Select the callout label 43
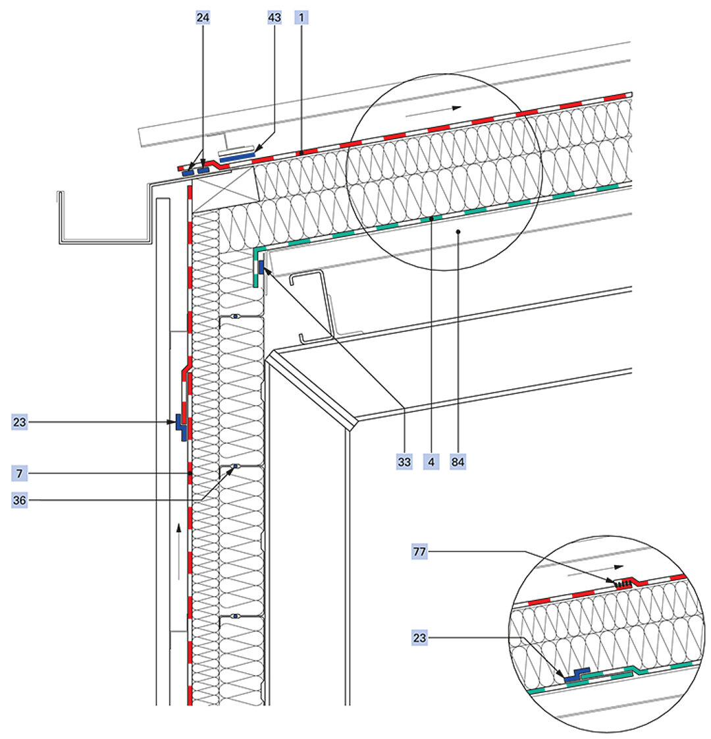(274, 18)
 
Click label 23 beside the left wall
(19, 422)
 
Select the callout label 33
(404, 462)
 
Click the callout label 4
(431, 462)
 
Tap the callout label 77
(419, 551)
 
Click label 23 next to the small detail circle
(419, 638)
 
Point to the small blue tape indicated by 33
(261, 267)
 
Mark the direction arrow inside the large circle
(434, 111)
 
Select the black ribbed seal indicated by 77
(621, 584)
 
